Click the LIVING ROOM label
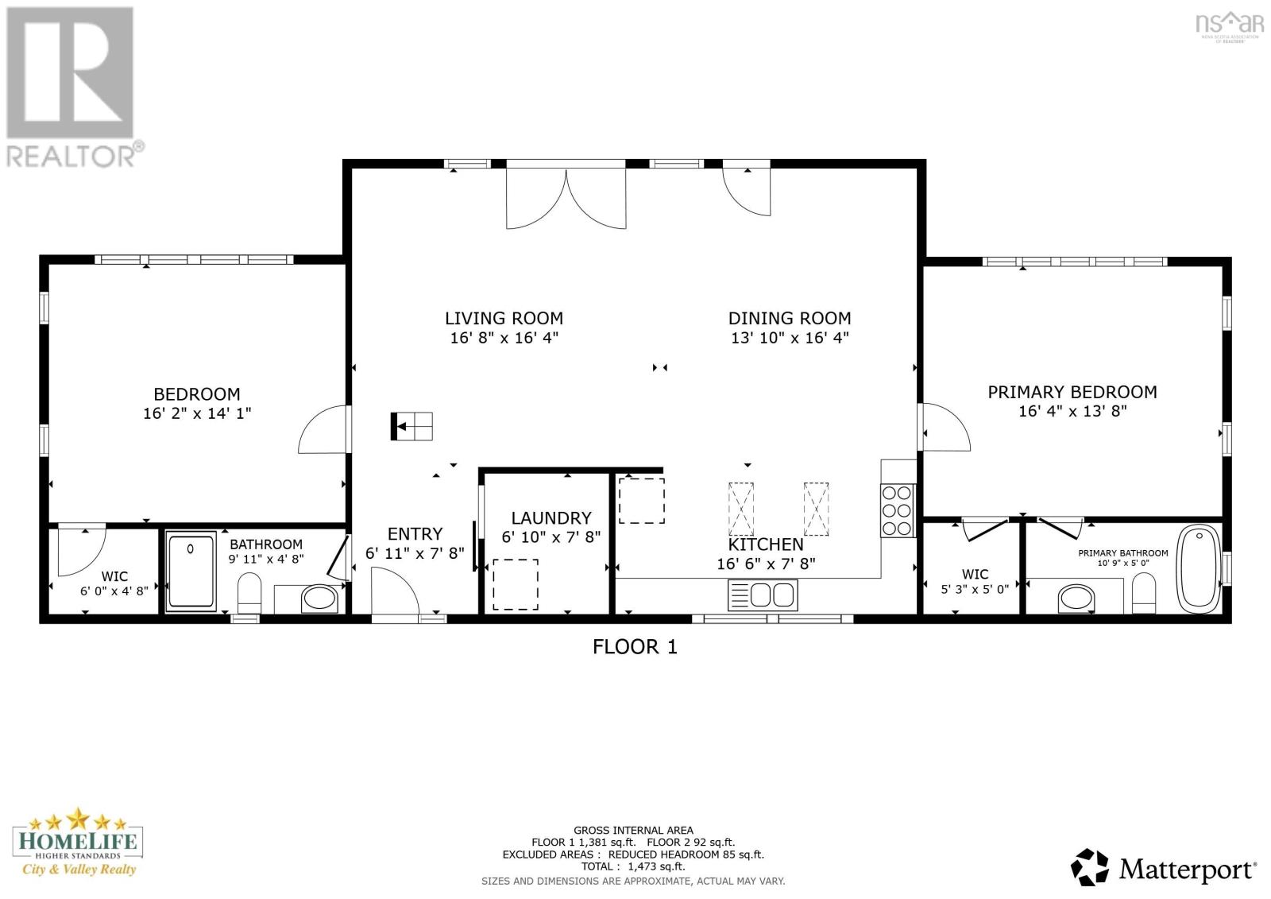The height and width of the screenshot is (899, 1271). coord(504,318)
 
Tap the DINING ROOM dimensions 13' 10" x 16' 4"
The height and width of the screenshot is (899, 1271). coord(790,338)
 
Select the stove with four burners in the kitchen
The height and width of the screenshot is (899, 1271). coord(897,510)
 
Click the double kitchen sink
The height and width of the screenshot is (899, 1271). coord(763,595)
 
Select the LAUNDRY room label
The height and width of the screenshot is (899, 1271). coord(551,518)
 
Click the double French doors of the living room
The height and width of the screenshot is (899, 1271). coord(566,199)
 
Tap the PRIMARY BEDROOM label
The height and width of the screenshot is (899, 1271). coord(1072,392)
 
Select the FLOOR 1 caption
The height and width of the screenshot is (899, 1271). coord(635,647)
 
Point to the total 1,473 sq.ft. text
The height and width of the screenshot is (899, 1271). coord(633,866)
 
